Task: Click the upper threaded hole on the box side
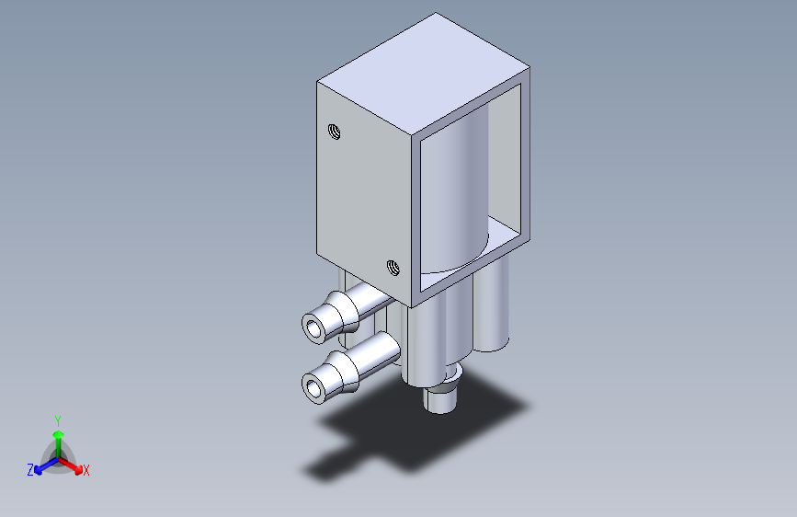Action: click(334, 132)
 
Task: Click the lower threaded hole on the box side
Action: click(393, 267)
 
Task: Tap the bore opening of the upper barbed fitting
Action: click(314, 328)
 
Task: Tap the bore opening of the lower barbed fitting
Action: click(314, 389)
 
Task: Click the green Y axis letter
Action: click(58, 421)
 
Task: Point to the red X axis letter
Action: click(85, 471)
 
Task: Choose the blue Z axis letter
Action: click(30, 470)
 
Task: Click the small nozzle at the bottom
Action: click(440, 398)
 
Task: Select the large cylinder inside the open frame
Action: click(454, 193)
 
